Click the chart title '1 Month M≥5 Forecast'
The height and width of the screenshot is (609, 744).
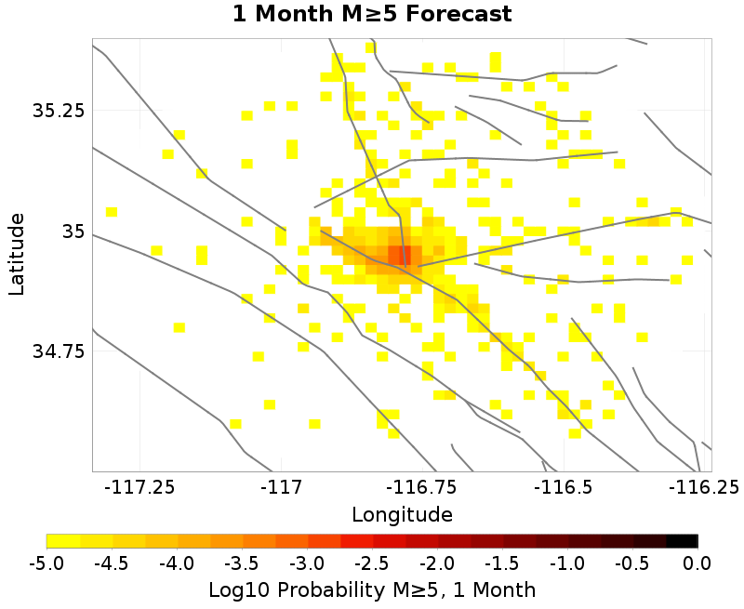[372, 15]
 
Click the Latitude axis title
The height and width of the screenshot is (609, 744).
[17, 254]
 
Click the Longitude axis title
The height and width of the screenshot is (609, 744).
[402, 514]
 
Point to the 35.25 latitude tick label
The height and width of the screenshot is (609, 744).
[59, 111]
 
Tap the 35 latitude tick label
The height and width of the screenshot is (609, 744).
[72, 231]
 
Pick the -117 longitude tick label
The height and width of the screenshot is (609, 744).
[280, 487]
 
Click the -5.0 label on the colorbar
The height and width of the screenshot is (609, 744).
[46, 563]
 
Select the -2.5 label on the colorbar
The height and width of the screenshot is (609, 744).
[372, 563]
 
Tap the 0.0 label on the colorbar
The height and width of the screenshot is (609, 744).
[697, 563]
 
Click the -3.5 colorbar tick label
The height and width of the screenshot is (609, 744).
[242, 563]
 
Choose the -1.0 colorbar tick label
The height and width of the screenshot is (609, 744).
[567, 563]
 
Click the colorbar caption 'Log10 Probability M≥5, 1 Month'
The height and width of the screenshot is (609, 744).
[372, 589]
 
